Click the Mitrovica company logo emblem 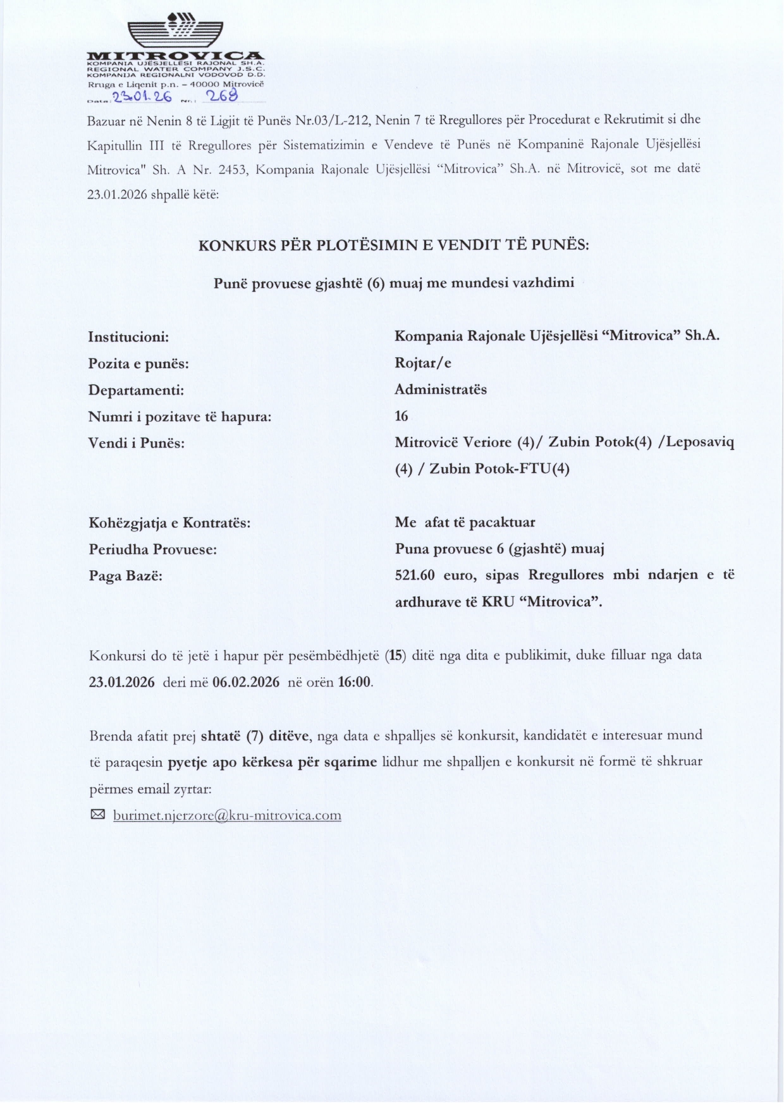click(x=175, y=29)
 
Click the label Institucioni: click(x=128, y=337)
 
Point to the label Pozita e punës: click(x=138, y=364)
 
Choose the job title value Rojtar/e click(x=423, y=363)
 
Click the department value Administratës click(x=441, y=390)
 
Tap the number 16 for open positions click(x=401, y=417)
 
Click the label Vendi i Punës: click(x=137, y=443)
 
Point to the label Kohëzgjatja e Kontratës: click(x=169, y=523)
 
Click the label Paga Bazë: click(x=126, y=576)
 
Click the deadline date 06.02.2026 click(x=246, y=683)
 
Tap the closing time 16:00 click(x=355, y=683)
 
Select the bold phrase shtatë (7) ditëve click(x=255, y=736)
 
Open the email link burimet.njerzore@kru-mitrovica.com click(x=227, y=816)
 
